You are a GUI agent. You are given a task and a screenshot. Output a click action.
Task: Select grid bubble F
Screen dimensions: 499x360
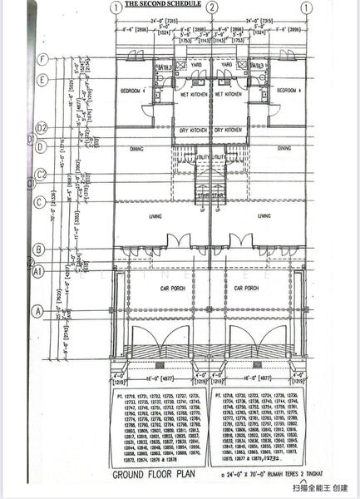pos(41,58)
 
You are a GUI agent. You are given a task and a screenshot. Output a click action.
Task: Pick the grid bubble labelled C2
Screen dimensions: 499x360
pos(41,175)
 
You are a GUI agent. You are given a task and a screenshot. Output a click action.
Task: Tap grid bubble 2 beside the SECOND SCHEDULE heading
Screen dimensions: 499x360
pos(213,8)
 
